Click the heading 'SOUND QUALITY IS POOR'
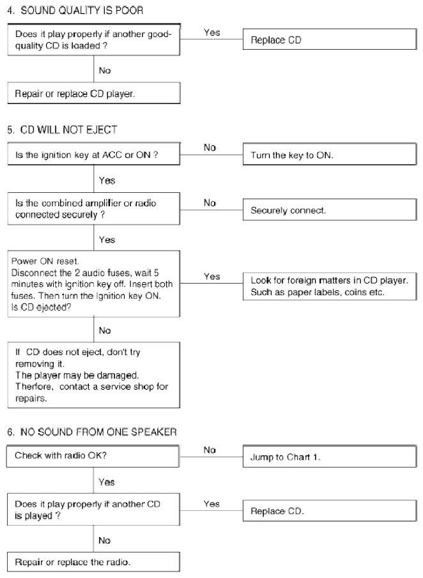point(82,10)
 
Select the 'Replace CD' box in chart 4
point(330,40)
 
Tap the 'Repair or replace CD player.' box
point(94,93)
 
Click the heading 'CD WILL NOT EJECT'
point(68,130)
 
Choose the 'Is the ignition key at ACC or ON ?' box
point(94,154)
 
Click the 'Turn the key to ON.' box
point(330,154)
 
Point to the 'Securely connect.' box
point(330,209)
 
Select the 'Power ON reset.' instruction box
point(94,284)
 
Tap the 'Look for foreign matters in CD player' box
point(330,286)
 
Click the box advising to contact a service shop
point(94,375)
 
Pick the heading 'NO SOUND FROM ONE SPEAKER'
point(98,432)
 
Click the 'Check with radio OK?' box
point(93,456)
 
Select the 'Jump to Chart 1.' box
point(330,457)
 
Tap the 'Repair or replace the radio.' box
point(93,562)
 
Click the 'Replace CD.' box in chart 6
point(330,510)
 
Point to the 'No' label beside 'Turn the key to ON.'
point(210,148)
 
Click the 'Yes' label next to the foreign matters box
point(212,277)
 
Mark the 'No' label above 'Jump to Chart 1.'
point(210,450)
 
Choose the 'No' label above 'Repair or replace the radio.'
point(104,540)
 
